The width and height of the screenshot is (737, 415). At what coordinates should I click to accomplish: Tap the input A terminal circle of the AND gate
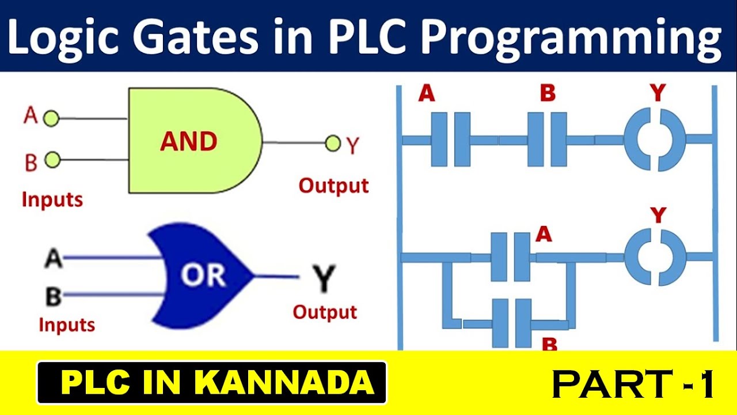[52, 119]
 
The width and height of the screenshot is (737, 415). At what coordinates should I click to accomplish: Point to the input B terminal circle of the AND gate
[52, 160]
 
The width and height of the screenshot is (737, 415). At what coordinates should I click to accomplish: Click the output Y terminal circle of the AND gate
[333, 143]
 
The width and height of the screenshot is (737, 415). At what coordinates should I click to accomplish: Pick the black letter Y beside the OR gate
[324, 279]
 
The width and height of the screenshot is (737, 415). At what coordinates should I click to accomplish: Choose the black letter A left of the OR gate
[54, 259]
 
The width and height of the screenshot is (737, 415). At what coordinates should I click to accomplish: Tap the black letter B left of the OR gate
[54, 296]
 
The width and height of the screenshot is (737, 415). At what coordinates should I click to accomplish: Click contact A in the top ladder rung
[451, 139]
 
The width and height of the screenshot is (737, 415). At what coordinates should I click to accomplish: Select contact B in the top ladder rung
[548, 139]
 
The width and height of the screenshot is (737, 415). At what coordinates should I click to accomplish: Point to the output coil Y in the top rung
[655, 140]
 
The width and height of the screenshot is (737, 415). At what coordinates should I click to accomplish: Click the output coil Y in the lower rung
[655, 257]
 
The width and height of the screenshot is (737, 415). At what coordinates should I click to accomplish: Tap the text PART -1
[633, 384]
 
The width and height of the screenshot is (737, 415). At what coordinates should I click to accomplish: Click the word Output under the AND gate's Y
[333, 186]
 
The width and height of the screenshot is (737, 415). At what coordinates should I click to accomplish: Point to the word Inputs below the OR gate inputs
[66, 325]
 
